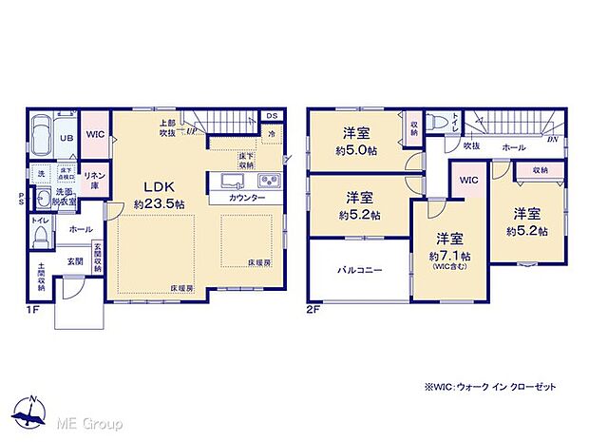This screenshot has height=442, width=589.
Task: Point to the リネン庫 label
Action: tap(95, 181)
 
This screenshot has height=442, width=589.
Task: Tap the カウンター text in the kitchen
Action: tap(247, 201)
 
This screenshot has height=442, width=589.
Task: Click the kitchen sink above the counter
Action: tap(235, 182)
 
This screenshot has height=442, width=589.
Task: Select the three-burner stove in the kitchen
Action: tap(268, 182)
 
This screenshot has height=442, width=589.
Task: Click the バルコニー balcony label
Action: tap(359, 271)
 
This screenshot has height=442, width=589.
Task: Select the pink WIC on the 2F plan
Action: tap(468, 182)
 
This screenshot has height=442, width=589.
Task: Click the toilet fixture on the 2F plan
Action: tap(433, 124)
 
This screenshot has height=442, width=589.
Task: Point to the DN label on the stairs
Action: tap(552, 139)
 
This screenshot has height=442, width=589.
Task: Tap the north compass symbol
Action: tap(34, 413)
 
